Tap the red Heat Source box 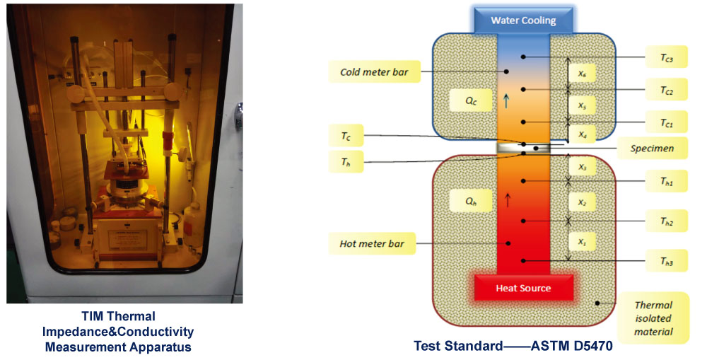pos(524,289)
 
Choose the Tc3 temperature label pos(666,57)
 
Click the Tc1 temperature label pos(666,123)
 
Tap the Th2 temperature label pos(666,221)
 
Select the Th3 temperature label pos(666,263)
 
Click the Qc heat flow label pos(471,100)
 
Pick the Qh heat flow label pos(471,201)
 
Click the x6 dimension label pos(582,73)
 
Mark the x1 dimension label pos(582,242)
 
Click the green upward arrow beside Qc pos(506,100)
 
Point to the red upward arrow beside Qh pos(507,200)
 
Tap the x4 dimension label pos(582,133)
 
